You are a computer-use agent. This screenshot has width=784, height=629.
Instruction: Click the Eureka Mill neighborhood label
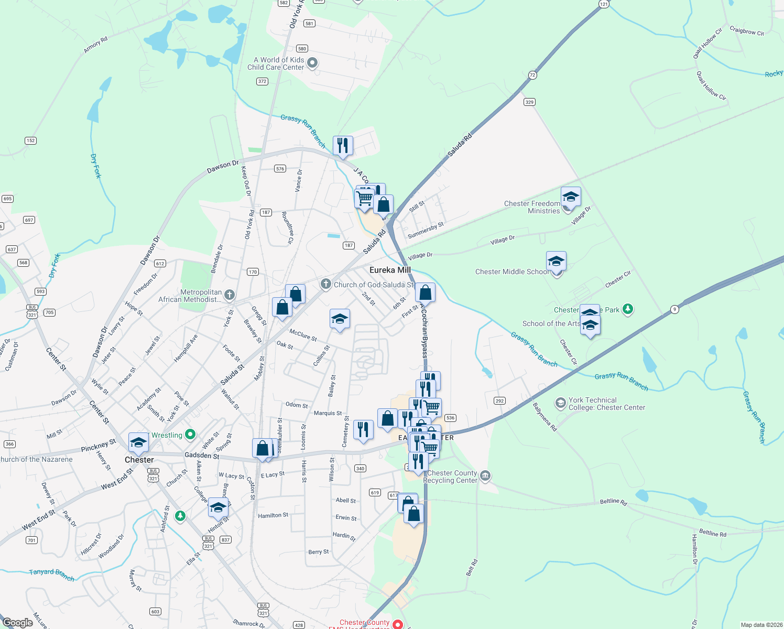[x=390, y=270]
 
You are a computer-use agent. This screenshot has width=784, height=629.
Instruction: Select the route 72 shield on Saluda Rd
[x=532, y=75]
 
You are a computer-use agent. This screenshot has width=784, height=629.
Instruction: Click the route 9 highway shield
[x=675, y=310]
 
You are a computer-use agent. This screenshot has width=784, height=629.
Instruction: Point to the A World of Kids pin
[x=312, y=63]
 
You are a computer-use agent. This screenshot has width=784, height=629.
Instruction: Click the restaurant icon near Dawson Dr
[x=343, y=145]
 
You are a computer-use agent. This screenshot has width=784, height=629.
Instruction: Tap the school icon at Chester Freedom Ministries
[x=571, y=197]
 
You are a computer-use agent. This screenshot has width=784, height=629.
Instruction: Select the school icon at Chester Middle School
[x=556, y=261]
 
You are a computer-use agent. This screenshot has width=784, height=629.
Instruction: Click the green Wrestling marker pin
[x=190, y=435]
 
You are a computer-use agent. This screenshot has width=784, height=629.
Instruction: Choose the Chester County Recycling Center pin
[x=485, y=476]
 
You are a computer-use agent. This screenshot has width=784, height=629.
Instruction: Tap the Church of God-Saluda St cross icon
[x=326, y=284]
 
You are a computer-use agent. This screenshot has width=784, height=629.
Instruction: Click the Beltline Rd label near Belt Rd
[x=613, y=502]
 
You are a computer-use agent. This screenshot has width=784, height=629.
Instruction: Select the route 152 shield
[x=30, y=140]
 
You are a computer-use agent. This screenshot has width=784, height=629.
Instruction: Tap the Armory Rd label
[x=95, y=45]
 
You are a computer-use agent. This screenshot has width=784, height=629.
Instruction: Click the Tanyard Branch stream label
[x=51, y=574]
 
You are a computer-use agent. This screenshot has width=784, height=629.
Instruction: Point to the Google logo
[x=18, y=622]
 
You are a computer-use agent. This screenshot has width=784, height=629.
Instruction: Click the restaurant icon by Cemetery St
[x=363, y=429]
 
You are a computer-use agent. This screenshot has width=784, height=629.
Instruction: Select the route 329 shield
[x=529, y=102]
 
